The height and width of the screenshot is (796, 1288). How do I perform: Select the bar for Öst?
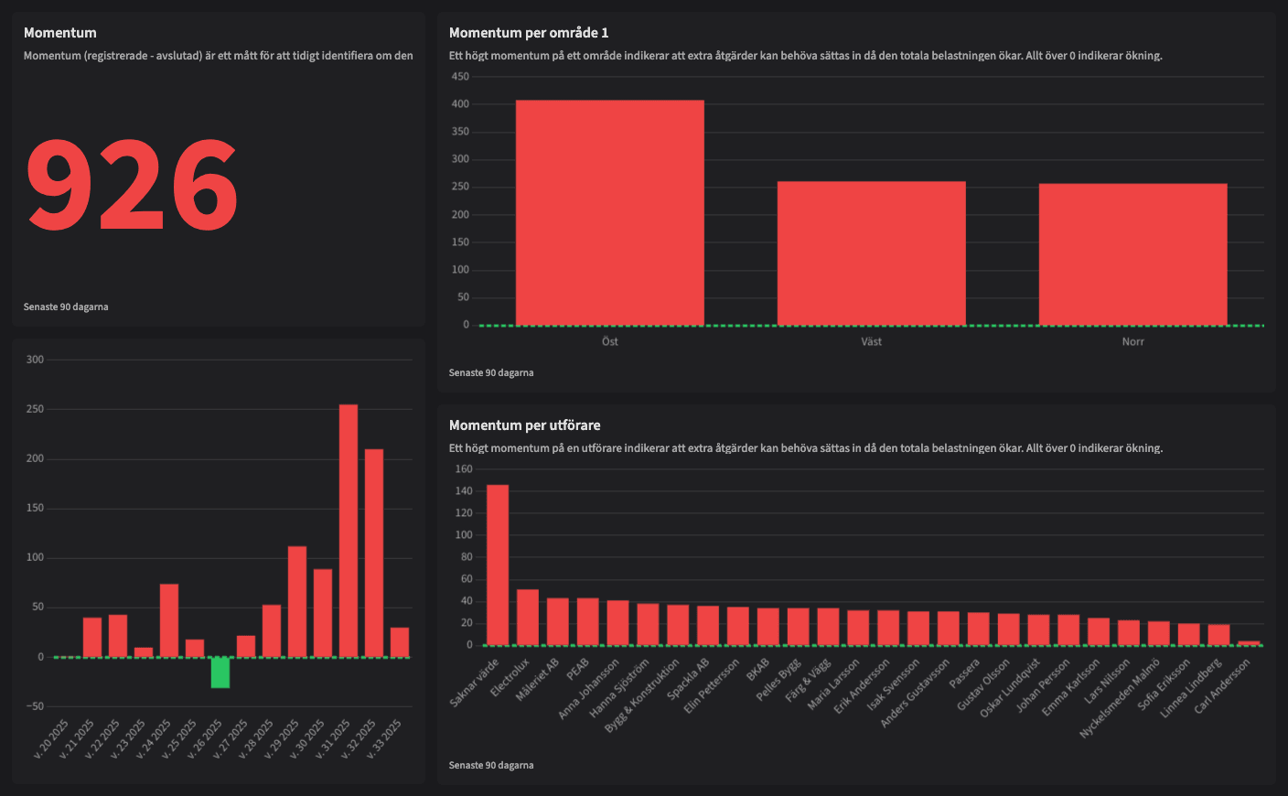coord(609,212)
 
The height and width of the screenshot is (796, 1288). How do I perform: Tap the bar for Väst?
coord(871,253)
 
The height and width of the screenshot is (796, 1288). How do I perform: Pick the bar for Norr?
coord(1132,254)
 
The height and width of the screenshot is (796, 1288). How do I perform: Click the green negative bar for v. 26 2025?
coord(220,672)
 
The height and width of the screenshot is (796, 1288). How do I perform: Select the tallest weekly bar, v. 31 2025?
coord(349,531)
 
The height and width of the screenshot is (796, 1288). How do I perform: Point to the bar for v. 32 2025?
coord(374,553)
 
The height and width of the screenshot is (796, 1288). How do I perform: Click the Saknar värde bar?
coord(498,565)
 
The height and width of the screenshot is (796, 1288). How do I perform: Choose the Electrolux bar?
coord(528,618)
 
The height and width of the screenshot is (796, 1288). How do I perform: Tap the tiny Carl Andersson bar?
coord(1249,643)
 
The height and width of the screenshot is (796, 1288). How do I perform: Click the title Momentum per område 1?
coord(529,33)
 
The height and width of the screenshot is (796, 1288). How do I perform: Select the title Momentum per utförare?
coord(524,425)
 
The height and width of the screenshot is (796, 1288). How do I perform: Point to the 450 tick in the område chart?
coord(460,77)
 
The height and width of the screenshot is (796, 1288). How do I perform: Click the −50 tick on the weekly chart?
coord(35,706)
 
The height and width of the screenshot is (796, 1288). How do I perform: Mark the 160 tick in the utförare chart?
coord(464,469)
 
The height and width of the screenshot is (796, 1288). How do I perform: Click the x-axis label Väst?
coord(871,342)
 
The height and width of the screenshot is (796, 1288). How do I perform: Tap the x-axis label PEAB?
coord(577,670)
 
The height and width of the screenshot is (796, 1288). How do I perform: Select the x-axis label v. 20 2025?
coord(51,739)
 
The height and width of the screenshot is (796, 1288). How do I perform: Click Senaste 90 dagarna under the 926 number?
coord(66,307)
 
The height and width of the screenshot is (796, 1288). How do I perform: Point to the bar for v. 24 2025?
coord(169,620)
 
